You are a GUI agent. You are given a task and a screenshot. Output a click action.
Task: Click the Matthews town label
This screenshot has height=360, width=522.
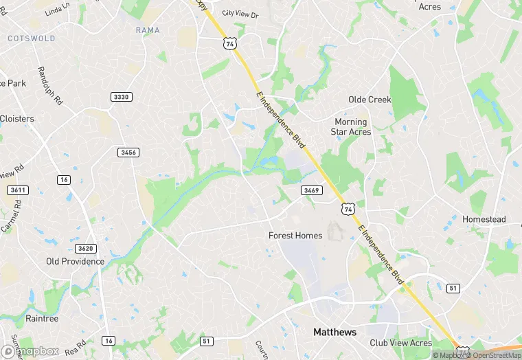click(335, 332)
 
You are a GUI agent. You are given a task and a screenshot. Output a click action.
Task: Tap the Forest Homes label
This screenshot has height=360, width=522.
click(295, 236)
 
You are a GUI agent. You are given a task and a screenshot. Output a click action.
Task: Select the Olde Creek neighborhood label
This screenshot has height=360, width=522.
click(370, 100)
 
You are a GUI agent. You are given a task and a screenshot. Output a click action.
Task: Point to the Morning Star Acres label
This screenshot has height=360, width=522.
click(351, 126)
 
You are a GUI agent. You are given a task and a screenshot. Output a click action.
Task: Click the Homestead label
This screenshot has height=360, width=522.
click(484, 219)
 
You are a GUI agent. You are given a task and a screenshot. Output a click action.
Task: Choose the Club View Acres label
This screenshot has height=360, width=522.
click(400, 343)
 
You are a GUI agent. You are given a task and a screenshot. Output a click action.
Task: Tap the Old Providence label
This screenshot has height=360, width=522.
click(75, 261)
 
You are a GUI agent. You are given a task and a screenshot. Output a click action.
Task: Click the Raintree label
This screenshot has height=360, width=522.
click(42, 319)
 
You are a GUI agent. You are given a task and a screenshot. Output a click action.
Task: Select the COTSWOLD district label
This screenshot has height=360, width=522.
click(32, 38)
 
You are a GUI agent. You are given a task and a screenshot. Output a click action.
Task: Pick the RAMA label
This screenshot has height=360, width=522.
click(148, 30)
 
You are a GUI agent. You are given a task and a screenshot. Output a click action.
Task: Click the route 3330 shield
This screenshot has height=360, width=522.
click(121, 97)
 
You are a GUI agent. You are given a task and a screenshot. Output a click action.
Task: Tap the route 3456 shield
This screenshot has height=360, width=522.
click(128, 152)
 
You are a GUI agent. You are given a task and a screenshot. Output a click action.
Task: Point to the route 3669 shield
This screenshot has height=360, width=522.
click(311, 190)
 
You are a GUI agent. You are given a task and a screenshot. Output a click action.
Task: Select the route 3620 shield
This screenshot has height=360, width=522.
click(87, 248)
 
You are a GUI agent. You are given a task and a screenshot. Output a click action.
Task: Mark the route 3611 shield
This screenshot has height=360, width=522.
click(18, 190)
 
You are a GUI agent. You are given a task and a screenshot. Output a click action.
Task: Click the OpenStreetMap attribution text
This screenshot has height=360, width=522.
click(492, 355)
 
